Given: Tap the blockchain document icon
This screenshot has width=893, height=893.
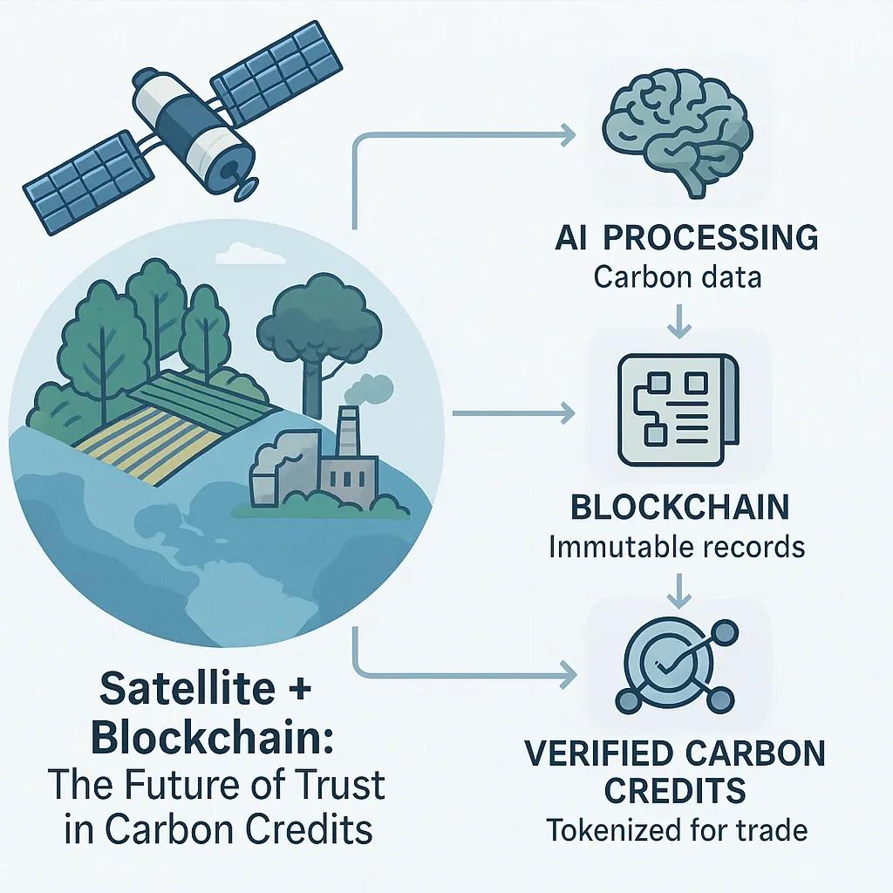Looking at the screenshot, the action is [678, 410].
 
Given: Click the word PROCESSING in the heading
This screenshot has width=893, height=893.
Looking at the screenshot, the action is [711, 237].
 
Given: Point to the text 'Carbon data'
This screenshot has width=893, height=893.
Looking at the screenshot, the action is [677, 277].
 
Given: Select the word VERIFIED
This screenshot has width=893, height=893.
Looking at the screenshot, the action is [600, 753].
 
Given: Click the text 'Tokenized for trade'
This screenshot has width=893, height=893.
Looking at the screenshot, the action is [677, 829].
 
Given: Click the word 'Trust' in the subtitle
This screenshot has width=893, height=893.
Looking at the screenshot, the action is [339, 784].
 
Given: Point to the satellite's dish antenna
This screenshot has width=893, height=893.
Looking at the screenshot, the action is [245, 188].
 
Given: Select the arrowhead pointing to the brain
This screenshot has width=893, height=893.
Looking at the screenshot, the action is [567, 134].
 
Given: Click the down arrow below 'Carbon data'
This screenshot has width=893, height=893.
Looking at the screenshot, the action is [678, 322].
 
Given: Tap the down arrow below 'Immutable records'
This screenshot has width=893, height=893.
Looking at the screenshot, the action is [678, 590].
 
